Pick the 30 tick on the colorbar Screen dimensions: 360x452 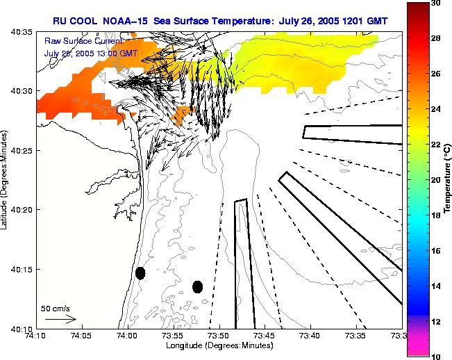tap(435, 4)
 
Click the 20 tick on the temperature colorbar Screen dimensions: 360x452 tap(435, 180)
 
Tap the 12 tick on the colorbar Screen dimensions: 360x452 tap(435, 321)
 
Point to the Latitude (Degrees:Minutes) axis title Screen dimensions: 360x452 tap(6, 180)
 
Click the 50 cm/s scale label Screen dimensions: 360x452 tap(55, 308)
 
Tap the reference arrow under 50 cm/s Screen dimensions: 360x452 tap(60, 319)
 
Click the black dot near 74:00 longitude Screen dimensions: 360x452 tap(140, 272)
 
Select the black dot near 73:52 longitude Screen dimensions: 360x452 tap(197, 286)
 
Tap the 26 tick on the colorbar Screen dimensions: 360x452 tap(435, 74)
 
